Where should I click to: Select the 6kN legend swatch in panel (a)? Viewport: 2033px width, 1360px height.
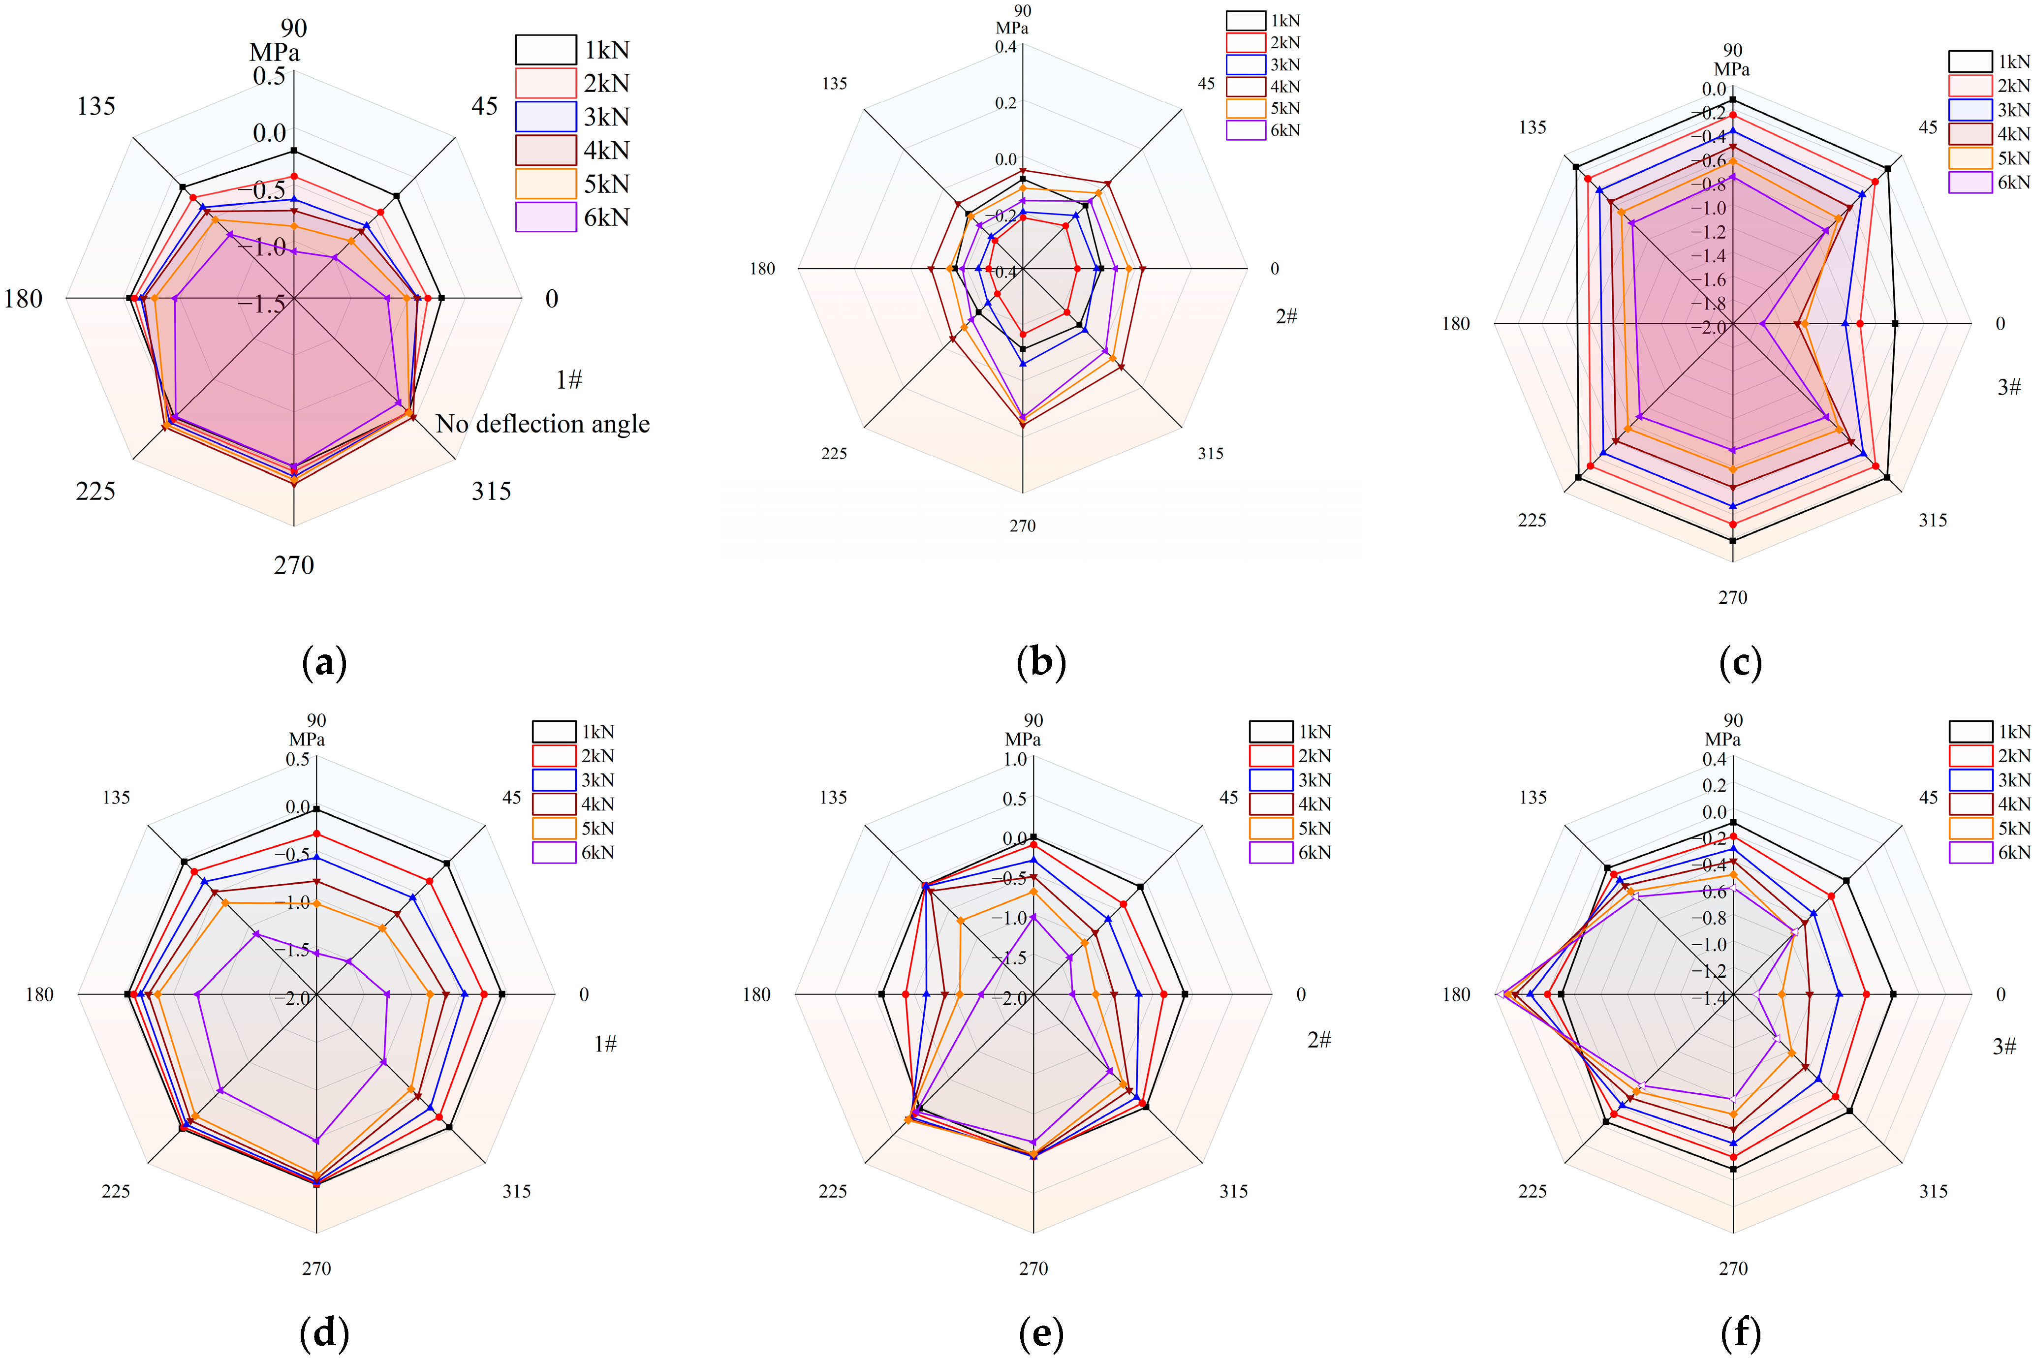pos(546,217)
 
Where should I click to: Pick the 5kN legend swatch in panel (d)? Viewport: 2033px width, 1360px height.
pos(553,828)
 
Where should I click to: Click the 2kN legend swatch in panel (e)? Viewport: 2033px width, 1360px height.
pos(1271,755)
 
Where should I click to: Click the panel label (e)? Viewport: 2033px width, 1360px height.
pos(1041,1333)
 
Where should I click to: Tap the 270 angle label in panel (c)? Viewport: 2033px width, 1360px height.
pos(1732,598)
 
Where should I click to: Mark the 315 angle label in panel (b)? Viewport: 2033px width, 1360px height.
pos(1210,454)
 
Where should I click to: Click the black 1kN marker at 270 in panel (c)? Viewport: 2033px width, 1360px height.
pos(1732,540)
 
